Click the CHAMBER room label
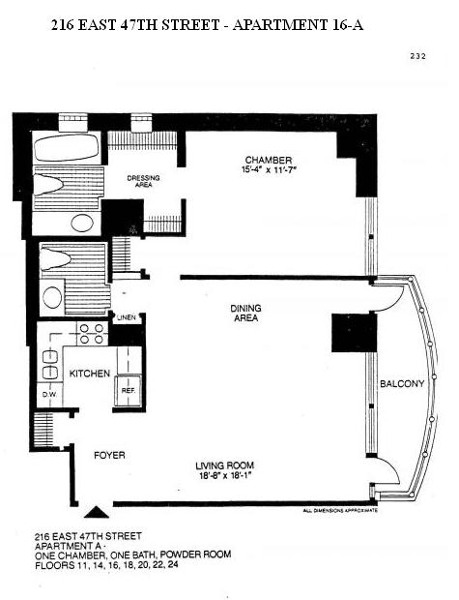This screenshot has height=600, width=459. (x=269, y=160)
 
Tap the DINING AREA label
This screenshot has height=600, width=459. (x=245, y=313)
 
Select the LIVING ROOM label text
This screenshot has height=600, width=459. (x=225, y=465)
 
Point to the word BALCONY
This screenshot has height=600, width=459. (x=402, y=384)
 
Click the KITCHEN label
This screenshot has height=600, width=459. (x=90, y=374)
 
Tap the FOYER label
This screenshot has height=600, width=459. (x=109, y=456)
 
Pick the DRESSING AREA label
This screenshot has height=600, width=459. (x=143, y=181)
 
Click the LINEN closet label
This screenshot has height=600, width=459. (x=127, y=317)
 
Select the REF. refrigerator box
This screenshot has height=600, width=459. (x=128, y=391)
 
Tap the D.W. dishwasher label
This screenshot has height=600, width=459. (x=49, y=394)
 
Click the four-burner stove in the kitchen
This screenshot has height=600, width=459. (x=93, y=334)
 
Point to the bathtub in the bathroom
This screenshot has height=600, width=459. (x=67, y=147)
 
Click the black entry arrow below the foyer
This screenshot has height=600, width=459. (x=97, y=512)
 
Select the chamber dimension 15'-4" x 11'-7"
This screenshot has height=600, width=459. (x=269, y=169)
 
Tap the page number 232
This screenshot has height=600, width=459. (x=417, y=56)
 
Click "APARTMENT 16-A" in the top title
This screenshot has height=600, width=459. (x=298, y=25)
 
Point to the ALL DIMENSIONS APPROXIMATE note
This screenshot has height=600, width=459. (x=340, y=510)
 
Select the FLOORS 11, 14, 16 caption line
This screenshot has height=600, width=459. (x=106, y=565)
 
